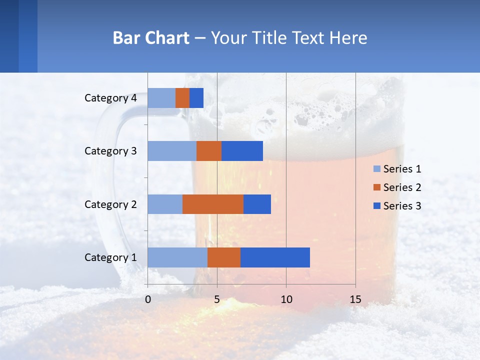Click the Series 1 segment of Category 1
pyautogui.click(x=177, y=257)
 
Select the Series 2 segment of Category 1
pyautogui.click(x=224, y=257)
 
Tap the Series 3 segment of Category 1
pyautogui.click(x=275, y=257)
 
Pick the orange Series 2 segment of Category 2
pyautogui.click(x=213, y=204)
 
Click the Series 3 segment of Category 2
pyautogui.click(x=257, y=204)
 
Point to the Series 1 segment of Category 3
pyautogui.click(x=172, y=151)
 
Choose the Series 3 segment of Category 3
pyautogui.click(x=242, y=151)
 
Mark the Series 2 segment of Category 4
pyautogui.click(x=182, y=98)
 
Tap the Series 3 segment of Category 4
pyautogui.click(x=196, y=98)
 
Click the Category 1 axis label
pyautogui.click(x=110, y=257)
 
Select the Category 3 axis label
pyautogui.click(x=110, y=151)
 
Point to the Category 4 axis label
pyautogui.click(x=110, y=98)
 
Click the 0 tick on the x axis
pyautogui.click(x=148, y=299)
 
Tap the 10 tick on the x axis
pyautogui.click(x=286, y=299)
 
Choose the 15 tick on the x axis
pyautogui.click(x=355, y=299)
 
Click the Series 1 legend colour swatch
pyautogui.click(x=376, y=169)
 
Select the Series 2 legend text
pyautogui.click(x=402, y=187)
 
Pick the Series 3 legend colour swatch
pyautogui.click(x=376, y=206)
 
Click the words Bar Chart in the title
pyautogui.click(x=151, y=38)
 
